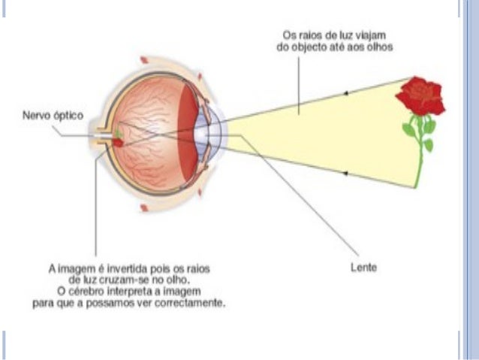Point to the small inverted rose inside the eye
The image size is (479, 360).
click(x=119, y=141)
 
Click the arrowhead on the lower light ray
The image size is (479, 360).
click(x=346, y=172)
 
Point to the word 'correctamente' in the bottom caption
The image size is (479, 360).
click(x=191, y=301)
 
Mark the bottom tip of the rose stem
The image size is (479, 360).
click(x=415, y=186)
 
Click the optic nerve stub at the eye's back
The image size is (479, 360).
click(x=101, y=140)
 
